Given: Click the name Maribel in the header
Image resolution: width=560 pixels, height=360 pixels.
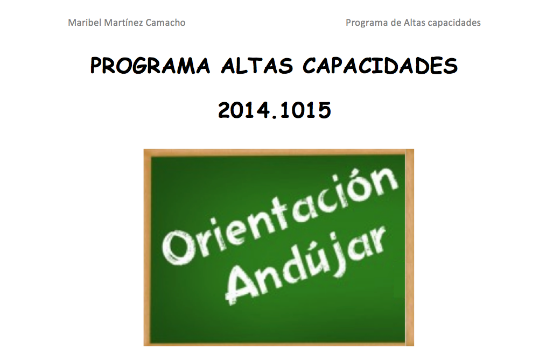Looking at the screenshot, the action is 85,23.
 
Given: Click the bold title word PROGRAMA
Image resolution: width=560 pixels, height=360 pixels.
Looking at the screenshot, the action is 150,66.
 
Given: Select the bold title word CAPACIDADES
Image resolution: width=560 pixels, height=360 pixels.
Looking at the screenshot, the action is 380,66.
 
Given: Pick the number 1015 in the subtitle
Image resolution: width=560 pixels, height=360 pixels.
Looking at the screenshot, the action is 305,110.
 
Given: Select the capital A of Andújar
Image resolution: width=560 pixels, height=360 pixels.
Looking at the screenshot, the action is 243,284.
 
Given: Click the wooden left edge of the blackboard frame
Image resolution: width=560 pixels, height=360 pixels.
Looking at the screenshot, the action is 147,248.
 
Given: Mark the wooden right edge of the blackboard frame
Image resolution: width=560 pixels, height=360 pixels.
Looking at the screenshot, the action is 410,248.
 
